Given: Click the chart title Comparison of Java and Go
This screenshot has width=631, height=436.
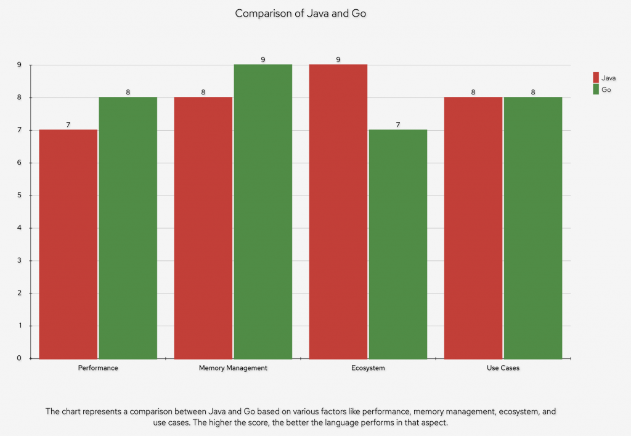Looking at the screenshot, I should click(x=301, y=13).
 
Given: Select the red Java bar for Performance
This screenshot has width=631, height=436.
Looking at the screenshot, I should click(x=68, y=244).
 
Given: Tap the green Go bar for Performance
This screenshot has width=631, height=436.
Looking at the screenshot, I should click(x=128, y=228).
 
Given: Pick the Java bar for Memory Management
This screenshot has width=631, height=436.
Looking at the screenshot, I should click(x=203, y=228).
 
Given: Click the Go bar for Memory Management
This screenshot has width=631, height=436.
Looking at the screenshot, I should click(x=263, y=211).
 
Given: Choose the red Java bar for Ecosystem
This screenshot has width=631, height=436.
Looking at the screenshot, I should click(x=338, y=211).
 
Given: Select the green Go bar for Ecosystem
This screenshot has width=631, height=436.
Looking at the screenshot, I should click(x=398, y=244).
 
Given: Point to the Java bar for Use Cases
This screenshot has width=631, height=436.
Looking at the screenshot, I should click(x=473, y=228).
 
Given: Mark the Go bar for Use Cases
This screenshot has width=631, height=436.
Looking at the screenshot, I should click(x=533, y=228).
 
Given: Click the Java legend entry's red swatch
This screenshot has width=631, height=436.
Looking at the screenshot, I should click(x=596, y=78).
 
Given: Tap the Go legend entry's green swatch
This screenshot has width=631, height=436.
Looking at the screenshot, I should click(x=596, y=89).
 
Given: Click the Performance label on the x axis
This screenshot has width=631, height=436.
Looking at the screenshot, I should click(x=98, y=368).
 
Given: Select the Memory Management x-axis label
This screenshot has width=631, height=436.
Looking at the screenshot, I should click(x=233, y=368).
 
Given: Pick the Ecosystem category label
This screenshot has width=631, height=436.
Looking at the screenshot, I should click(x=368, y=368).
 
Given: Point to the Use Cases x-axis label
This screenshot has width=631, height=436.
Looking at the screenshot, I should click(x=503, y=368).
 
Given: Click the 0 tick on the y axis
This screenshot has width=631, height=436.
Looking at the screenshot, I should click(x=19, y=358).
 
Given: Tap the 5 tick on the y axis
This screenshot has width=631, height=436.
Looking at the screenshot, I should click(x=19, y=195).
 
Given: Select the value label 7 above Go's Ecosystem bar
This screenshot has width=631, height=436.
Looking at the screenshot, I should click(x=398, y=125).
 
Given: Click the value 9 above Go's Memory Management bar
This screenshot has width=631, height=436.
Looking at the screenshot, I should click(x=263, y=59).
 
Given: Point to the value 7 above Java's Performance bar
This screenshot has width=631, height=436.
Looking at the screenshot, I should click(x=68, y=125).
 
